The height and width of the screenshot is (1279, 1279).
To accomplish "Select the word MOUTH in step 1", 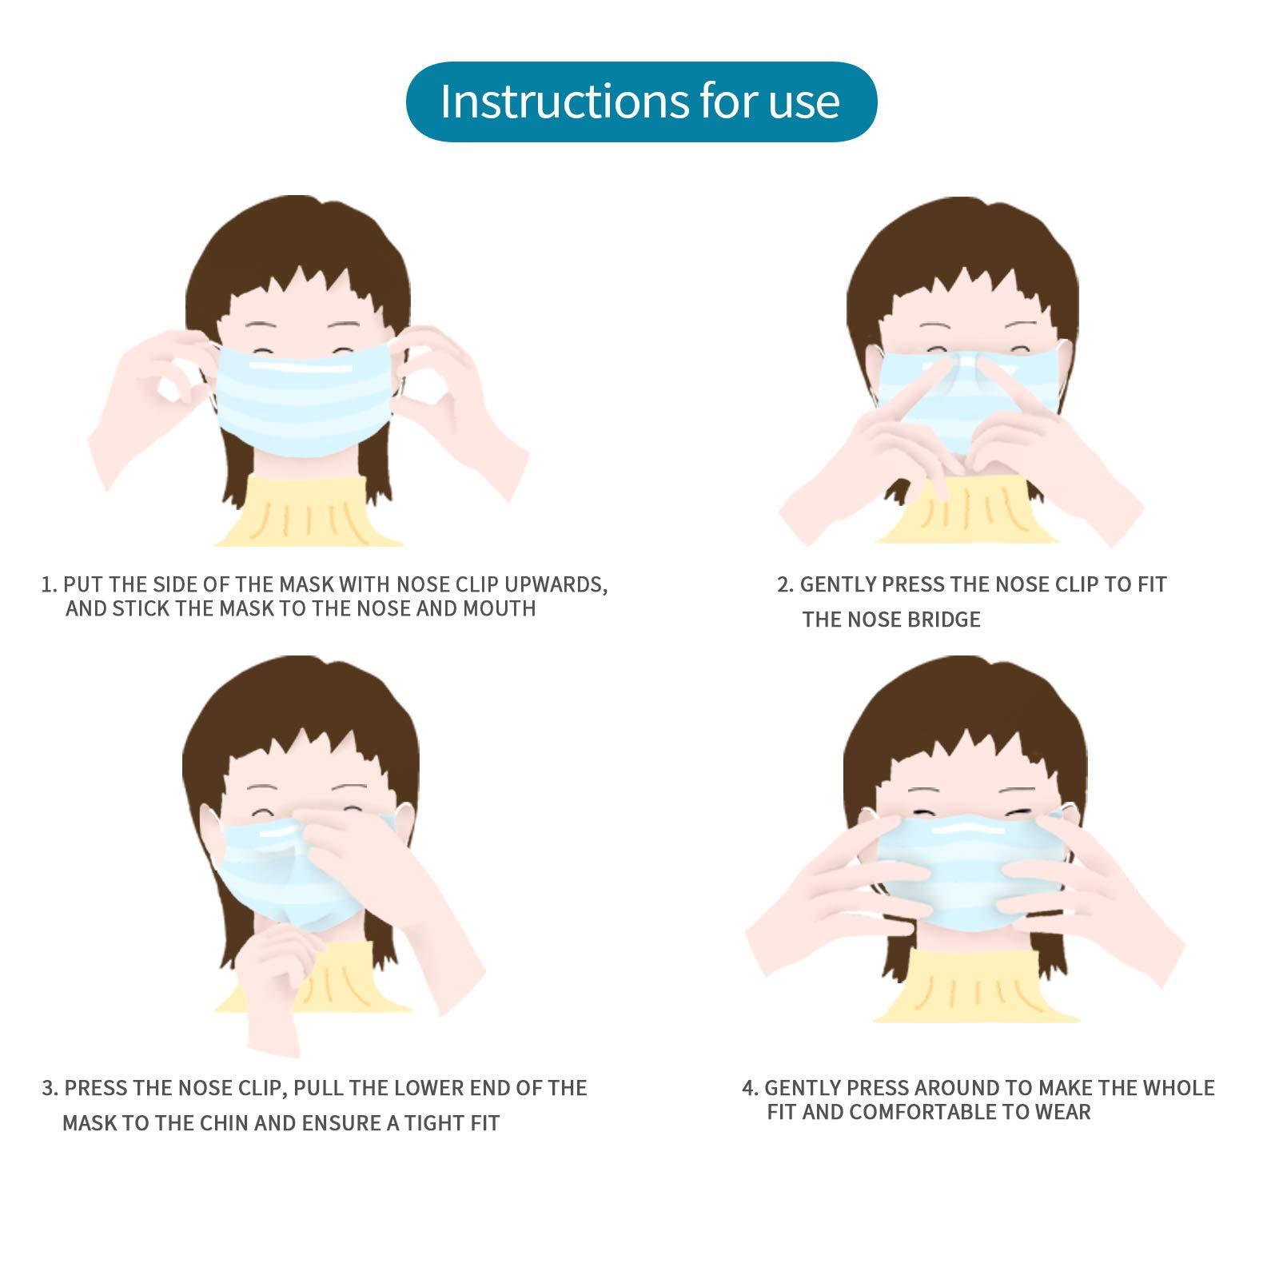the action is point(499,608).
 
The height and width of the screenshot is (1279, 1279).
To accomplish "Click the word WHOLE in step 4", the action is point(1179,1088).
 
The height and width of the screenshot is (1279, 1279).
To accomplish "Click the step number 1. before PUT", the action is point(49,584).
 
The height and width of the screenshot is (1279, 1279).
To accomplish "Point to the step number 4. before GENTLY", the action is point(749,1088).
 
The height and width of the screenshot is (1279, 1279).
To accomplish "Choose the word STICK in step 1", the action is point(141,608).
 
